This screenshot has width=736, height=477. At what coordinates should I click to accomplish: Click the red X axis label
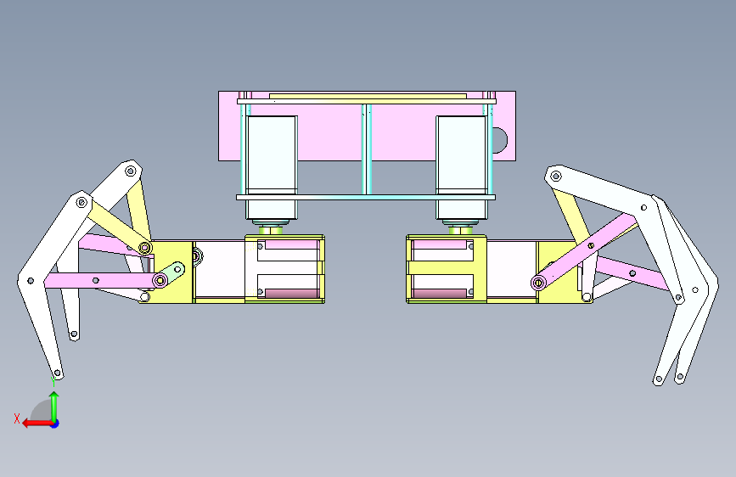17,418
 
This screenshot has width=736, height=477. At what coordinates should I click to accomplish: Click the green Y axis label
53,381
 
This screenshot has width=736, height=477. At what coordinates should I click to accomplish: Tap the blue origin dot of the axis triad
55,424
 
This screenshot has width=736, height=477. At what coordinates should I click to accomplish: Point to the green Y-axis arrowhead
54,396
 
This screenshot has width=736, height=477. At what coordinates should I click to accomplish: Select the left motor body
272,167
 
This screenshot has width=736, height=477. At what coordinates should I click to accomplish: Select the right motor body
462,167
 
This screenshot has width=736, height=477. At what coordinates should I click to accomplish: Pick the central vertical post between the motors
367,149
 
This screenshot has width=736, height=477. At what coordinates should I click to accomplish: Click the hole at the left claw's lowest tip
57,373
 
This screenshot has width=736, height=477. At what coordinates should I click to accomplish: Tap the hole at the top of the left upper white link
131,171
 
